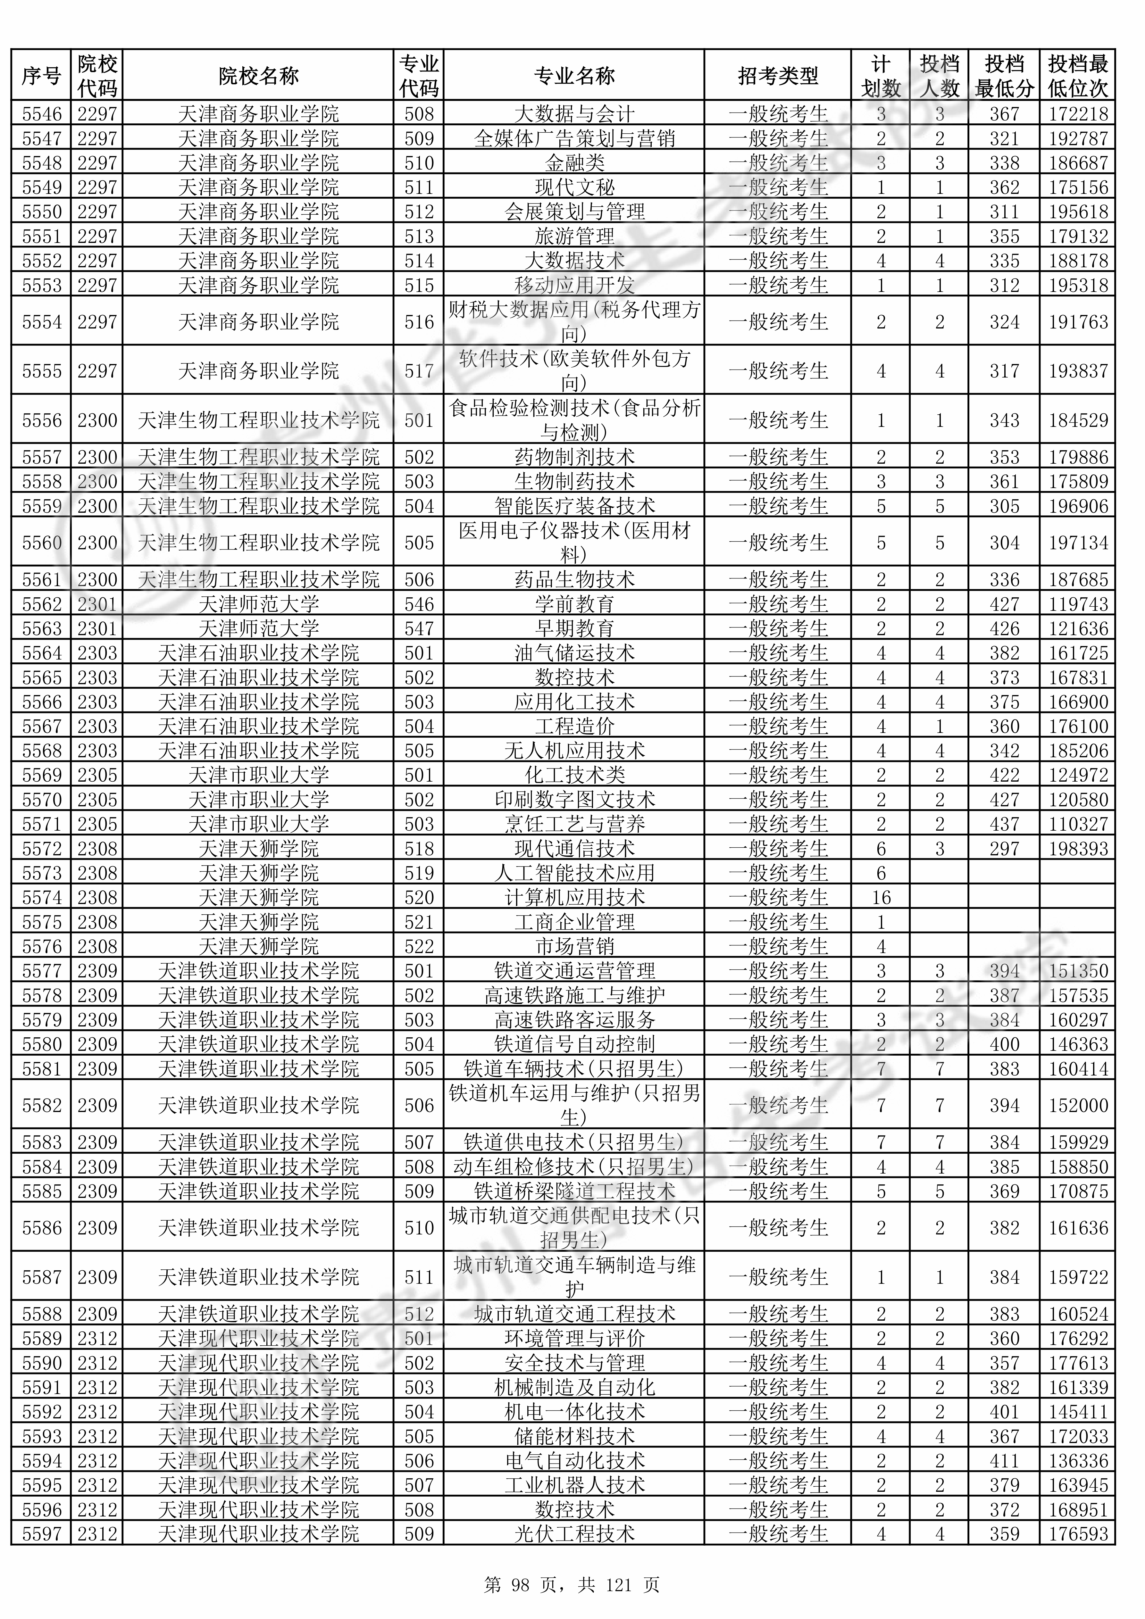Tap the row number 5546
click(42, 113)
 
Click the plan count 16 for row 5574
click(881, 898)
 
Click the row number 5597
click(42, 1534)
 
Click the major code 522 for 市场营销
click(419, 946)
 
